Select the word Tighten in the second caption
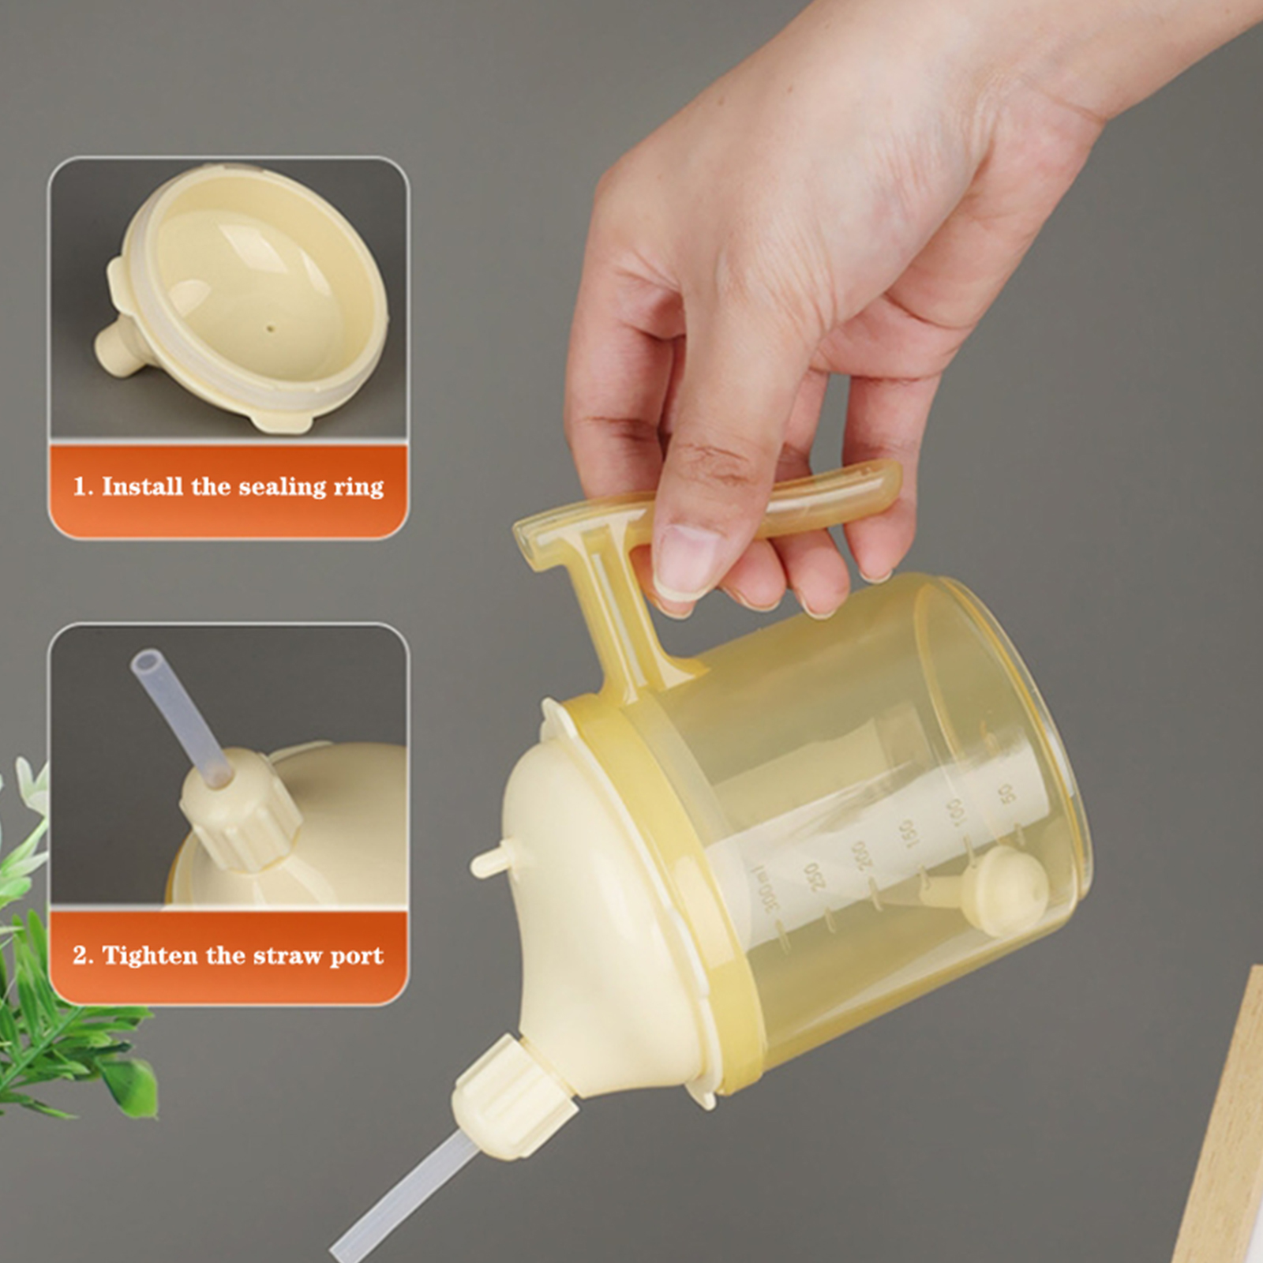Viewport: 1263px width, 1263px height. click(x=150, y=955)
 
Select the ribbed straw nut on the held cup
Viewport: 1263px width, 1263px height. click(x=513, y=1097)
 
